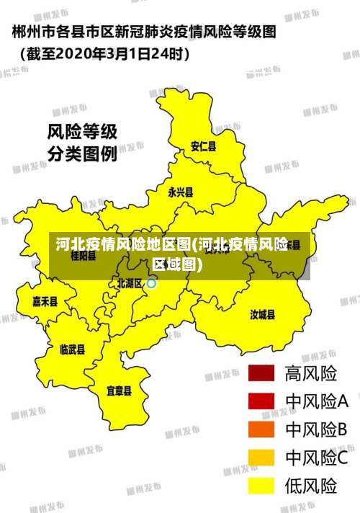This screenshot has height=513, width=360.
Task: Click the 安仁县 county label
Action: click(x=203, y=146)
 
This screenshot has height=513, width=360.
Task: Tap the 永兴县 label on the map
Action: click(x=180, y=192)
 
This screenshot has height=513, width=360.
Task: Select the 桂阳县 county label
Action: click(x=84, y=256)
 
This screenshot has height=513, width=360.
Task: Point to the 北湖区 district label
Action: click(x=130, y=283)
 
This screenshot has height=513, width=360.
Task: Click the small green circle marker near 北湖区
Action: click(x=151, y=284)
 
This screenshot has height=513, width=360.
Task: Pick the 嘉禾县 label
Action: click(x=45, y=301)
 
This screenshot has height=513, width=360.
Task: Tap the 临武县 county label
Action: click(x=72, y=349)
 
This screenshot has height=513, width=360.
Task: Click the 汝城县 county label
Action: click(x=263, y=314)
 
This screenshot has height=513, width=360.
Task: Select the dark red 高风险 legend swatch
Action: click(x=262, y=373)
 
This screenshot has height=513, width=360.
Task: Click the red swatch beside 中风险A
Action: click(x=262, y=401)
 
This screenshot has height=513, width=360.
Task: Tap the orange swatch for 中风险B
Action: click(x=262, y=429)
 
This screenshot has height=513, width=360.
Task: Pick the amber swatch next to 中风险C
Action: click(x=262, y=458)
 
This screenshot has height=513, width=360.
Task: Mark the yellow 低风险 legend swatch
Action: click(x=262, y=486)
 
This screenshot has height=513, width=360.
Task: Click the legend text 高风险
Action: click(x=311, y=373)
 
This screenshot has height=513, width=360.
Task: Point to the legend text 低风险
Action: click(x=311, y=486)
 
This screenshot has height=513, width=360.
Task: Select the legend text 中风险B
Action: click(x=317, y=429)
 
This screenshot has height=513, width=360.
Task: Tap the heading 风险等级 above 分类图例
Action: click(x=82, y=133)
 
